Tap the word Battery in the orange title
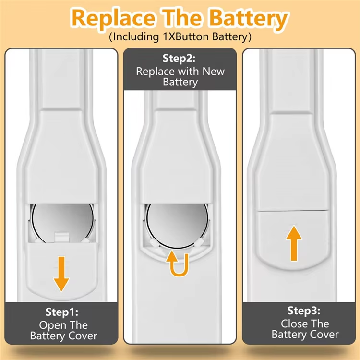[x=249, y=19]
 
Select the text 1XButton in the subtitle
[x=186, y=37]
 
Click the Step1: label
[x=62, y=312]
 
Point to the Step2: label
[x=179, y=58]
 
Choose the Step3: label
[x=304, y=311]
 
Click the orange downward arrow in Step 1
[x=61, y=274]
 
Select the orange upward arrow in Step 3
[x=294, y=243]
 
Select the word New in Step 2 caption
[x=213, y=72]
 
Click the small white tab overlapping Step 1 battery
[x=61, y=237]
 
